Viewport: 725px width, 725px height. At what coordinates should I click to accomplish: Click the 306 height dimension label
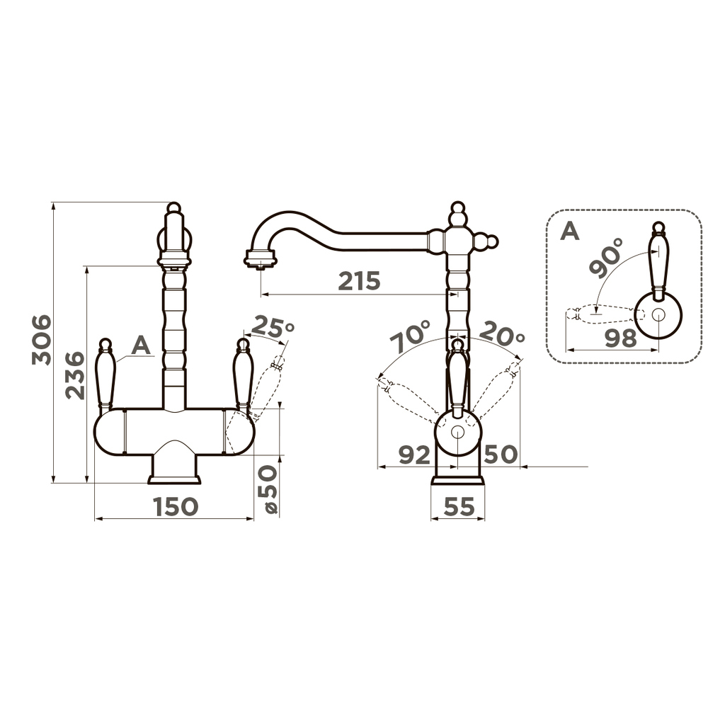pos(42,340)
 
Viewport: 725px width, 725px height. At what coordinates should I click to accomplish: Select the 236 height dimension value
pos(75,375)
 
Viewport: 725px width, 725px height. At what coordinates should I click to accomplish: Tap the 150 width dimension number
pos(176,507)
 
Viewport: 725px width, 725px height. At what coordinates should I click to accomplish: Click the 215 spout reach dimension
pos(359,280)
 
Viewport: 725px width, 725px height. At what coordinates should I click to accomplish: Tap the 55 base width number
pos(459,507)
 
